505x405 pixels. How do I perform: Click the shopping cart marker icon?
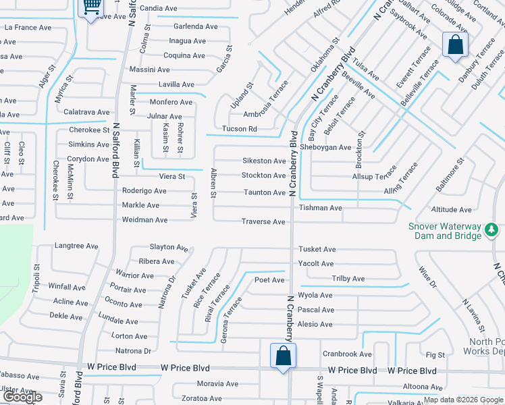tap(90, 9)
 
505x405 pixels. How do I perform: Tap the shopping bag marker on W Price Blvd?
tap(283, 355)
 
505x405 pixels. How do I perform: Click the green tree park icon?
tap(491, 232)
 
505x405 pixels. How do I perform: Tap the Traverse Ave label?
tap(263, 221)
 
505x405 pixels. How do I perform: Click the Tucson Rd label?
tap(240, 129)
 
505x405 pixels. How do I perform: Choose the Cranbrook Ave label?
tap(347, 354)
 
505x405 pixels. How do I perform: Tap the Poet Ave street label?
tap(269, 279)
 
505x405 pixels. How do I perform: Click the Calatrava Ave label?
tap(86, 112)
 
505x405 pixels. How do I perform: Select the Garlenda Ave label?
tap(196, 26)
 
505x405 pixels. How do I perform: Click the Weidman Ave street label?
tap(144, 220)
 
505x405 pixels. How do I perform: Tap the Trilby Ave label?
tap(348, 279)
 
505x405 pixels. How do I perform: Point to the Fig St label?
tap(436, 355)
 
